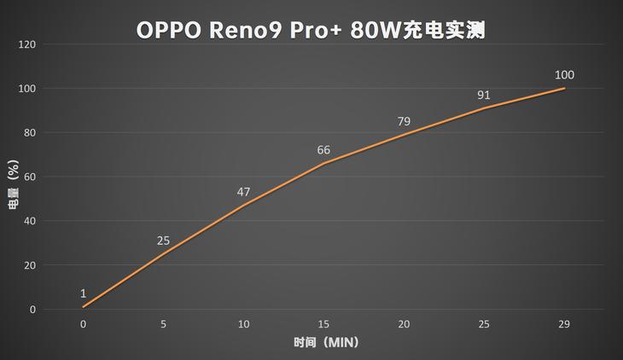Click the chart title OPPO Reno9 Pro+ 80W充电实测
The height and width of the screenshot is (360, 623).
(x=311, y=30)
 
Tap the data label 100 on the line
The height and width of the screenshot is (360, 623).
(x=564, y=75)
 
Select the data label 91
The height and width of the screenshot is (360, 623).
(x=484, y=95)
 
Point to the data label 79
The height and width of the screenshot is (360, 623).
(x=404, y=121)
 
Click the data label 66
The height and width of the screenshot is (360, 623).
(x=323, y=150)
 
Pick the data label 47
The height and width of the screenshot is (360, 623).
(x=243, y=192)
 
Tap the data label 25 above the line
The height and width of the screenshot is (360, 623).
(x=163, y=241)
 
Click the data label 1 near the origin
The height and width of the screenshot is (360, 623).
(x=83, y=293)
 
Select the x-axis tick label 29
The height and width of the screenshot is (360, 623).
(x=564, y=324)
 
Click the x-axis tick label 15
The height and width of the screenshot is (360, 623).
(x=323, y=324)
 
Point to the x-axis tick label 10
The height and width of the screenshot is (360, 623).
(x=243, y=324)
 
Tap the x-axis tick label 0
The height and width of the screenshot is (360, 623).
(x=83, y=324)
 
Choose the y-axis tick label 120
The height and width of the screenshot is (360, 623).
(x=27, y=44)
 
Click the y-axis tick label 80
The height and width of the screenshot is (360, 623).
(x=30, y=132)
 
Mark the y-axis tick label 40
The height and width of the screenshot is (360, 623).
(x=30, y=221)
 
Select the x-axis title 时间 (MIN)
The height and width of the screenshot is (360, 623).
(x=323, y=343)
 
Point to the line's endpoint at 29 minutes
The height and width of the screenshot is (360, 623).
(x=564, y=88)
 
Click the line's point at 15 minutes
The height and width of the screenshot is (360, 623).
(x=323, y=163)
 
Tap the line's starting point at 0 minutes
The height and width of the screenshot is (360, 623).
(x=83, y=307)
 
